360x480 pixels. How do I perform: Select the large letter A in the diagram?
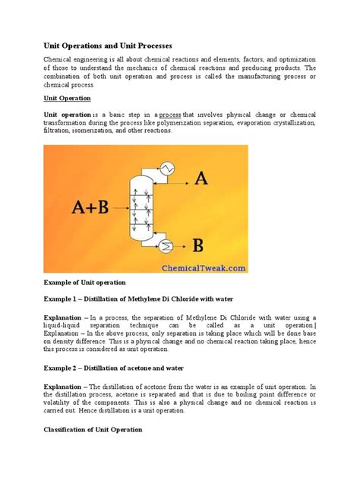[201, 178]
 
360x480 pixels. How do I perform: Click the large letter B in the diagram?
[198, 245]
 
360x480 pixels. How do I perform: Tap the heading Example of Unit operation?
[90, 282]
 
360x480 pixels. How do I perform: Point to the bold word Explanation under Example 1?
[65, 317]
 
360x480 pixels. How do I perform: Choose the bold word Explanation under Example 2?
[65, 387]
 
